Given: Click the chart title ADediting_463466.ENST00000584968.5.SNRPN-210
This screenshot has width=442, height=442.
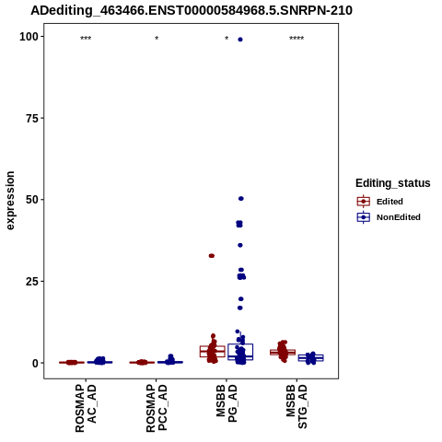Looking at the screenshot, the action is click(x=192, y=11).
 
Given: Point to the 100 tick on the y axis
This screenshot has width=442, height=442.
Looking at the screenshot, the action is click(x=29, y=37).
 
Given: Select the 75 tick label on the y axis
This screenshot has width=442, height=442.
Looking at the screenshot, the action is click(x=31, y=119).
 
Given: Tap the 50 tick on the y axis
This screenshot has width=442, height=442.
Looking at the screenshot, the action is click(x=32, y=200).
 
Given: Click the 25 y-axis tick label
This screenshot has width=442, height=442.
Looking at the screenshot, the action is click(x=32, y=282).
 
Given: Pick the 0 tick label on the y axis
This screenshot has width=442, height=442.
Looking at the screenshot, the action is click(x=36, y=363).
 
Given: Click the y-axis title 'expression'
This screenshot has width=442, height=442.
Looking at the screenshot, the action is click(x=10, y=201).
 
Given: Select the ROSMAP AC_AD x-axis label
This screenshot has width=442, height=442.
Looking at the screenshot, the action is click(x=86, y=409).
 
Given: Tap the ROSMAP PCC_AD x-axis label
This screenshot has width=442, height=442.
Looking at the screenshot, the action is click(x=157, y=409).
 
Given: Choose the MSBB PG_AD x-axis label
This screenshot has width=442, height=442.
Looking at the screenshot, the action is click(x=227, y=403).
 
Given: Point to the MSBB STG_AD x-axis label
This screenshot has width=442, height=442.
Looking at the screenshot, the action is click(x=297, y=406).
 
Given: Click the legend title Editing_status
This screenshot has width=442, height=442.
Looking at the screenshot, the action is click(x=393, y=183).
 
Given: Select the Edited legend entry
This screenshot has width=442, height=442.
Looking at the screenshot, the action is click(x=379, y=202).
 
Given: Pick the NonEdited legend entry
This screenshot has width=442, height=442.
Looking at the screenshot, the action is click(x=389, y=217).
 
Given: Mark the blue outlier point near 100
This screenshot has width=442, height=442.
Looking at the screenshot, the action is click(x=240, y=40).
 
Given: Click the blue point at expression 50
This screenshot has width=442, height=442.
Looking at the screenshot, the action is click(x=241, y=199).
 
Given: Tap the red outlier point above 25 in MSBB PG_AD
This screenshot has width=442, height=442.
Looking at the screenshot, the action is click(x=212, y=256).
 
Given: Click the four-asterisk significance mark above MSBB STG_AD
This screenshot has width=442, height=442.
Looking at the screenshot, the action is click(x=297, y=38).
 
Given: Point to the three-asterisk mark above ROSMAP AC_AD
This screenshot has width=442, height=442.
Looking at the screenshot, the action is click(x=86, y=38).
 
